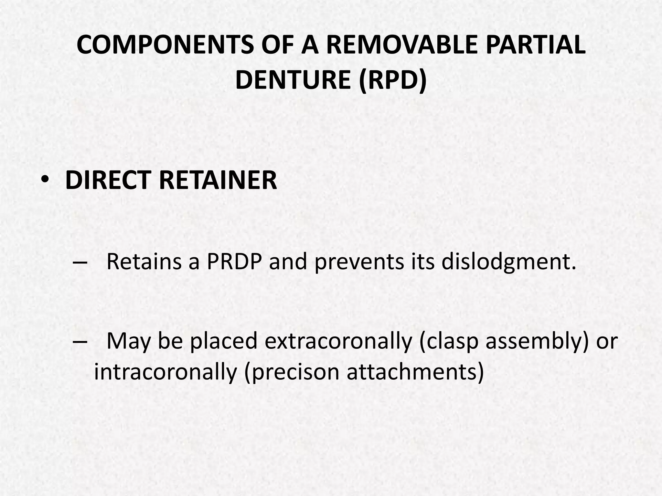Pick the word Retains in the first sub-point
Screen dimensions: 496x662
(x=144, y=262)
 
